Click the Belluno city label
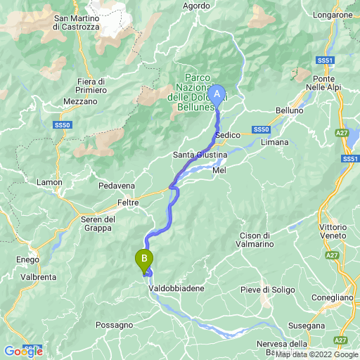click(289, 111)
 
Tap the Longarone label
click(333, 14)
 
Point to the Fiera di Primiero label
click(92, 86)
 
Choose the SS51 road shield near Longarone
click(323, 61)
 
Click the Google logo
click(23, 351)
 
